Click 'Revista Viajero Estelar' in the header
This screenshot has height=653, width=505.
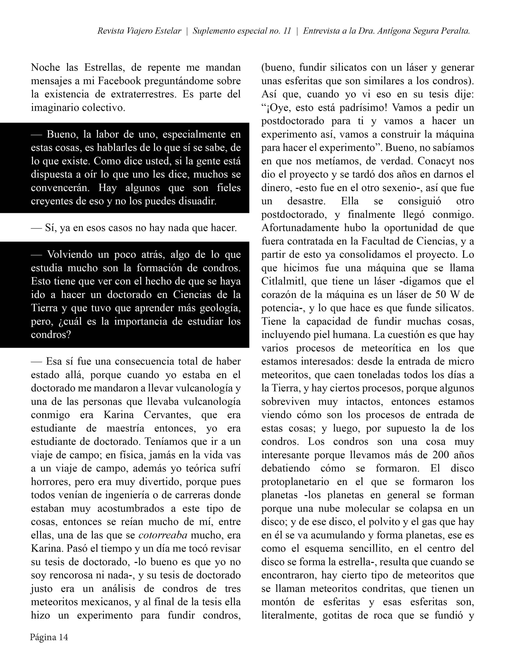(139, 31)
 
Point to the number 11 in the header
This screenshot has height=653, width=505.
(287, 31)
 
